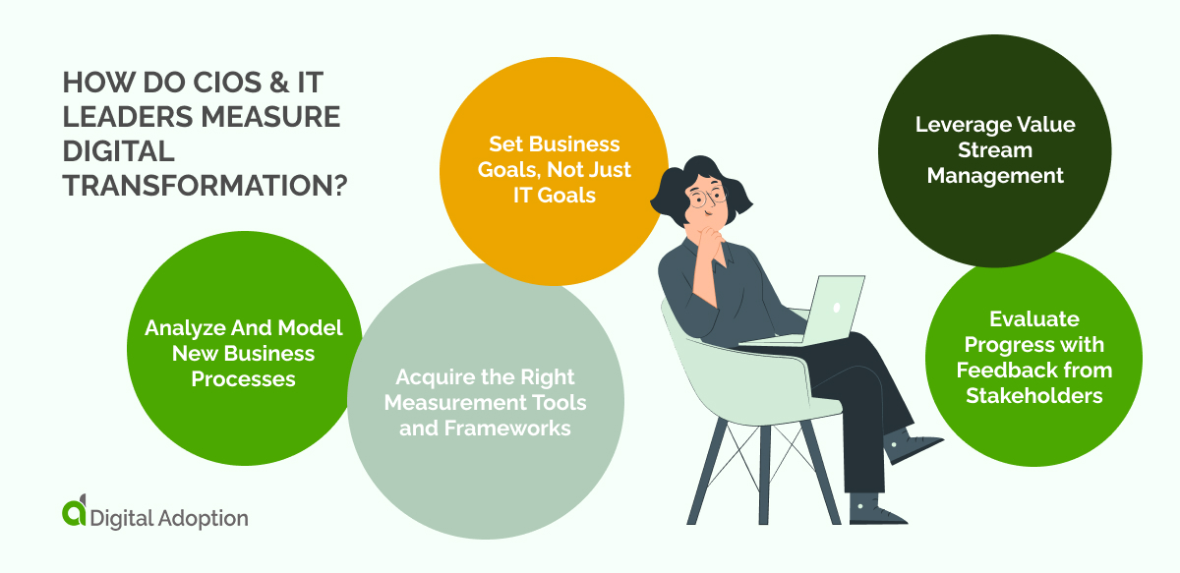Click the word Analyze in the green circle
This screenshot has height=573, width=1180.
coord(182,328)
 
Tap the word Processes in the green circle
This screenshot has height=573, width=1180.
coord(243,378)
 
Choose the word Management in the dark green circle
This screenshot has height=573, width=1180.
coord(995,176)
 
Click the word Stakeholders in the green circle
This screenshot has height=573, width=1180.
coord(1033,395)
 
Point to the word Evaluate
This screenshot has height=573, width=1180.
coord(1034,318)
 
